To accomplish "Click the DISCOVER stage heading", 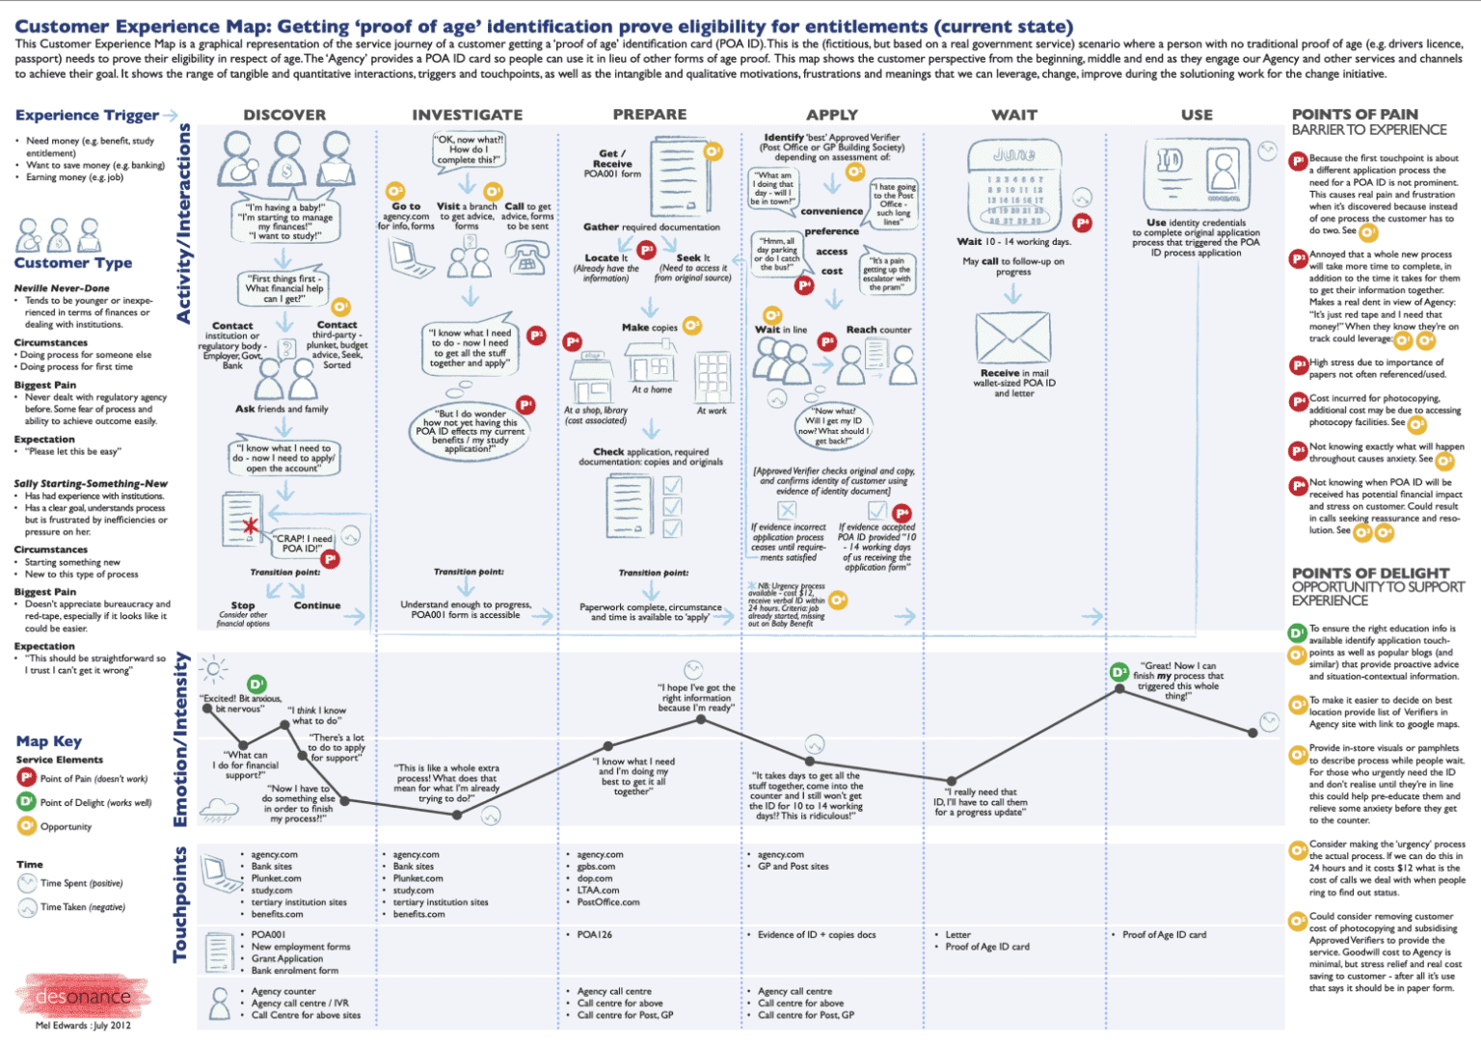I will pyautogui.click(x=284, y=115).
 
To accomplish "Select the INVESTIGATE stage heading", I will pyautogui.click(x=467, y=115).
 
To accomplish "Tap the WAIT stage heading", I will pyautogui.click(x=1014, y=115).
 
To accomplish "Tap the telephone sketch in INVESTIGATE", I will pyautogui.click(x=526, y=257).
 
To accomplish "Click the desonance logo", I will pyautogui.click(x=82, y=996).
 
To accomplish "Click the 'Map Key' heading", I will pyautogui.click(x=49, y=741).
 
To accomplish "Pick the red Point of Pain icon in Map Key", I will pyautogui.click(x=26, y=778).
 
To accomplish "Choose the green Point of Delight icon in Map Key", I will pyautogui.click(x=26, y=802).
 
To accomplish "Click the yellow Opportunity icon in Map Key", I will pyautogui.click(x=26, y=826).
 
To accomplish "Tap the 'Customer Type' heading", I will pyautogui.click(x=73, y=263).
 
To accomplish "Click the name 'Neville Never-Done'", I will pyautogui.click(x=62, y=288).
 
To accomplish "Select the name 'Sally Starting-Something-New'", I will pyautogui.click(x=91, y=484).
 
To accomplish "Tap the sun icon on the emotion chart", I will pyautogui.click(x=213, y=668).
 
